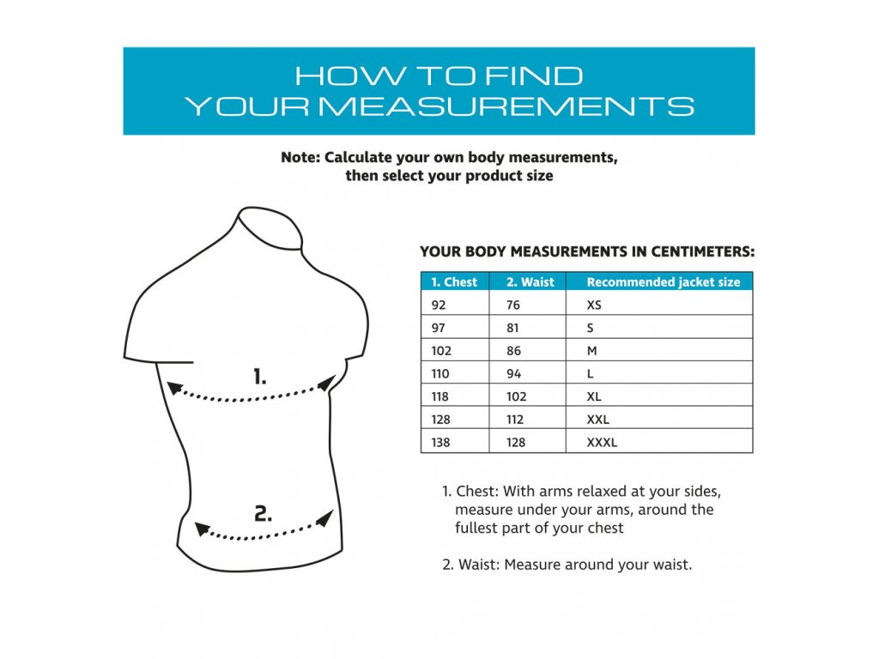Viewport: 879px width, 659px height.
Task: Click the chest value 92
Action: point(439,305)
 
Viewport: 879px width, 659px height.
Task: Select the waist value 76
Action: point(513,305)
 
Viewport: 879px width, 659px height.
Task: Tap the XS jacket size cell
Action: point(594,305)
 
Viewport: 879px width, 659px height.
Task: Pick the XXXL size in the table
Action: point(602,442)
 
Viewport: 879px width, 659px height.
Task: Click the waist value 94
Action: point(513,374)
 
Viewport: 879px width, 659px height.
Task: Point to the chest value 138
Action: point(440,442)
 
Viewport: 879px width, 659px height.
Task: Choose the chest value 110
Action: point(440,374)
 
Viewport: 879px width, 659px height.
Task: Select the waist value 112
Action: point(515,419)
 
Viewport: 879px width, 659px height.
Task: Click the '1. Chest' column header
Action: point(454,281)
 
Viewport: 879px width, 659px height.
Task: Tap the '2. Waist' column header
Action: point(530,281)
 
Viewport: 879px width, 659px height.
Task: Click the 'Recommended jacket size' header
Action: point(664,281)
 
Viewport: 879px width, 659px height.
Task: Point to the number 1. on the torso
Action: point(259,377)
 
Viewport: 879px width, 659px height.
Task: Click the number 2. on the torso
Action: point(263,513)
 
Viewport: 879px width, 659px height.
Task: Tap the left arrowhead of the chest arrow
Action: point(175,388)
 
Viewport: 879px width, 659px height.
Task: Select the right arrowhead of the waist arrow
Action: point(325,518)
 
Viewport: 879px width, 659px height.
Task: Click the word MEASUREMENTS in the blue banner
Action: point(506,106)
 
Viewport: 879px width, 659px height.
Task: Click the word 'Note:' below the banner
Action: point(300,158)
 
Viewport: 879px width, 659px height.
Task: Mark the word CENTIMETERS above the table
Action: point(702,251)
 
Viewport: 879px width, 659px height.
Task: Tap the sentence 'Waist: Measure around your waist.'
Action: point(575,565)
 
